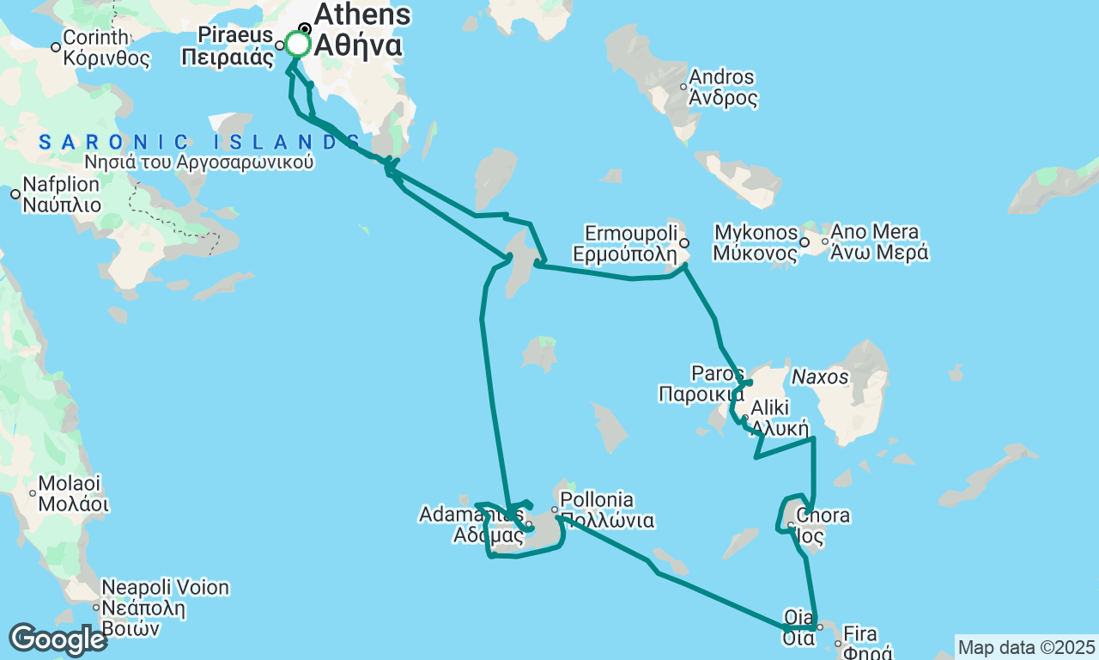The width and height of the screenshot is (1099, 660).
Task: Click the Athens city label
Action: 362,15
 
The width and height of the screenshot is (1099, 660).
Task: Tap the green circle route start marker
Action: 297,44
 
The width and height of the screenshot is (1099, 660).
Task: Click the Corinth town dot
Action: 56,46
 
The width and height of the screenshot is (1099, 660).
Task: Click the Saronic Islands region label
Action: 199,143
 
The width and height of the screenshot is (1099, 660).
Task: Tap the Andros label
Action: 723,77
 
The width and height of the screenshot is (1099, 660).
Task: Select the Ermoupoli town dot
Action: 684,243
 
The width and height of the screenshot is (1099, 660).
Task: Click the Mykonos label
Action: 756,232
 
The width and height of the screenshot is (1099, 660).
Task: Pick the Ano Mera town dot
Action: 825,241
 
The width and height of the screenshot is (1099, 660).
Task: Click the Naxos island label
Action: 819,377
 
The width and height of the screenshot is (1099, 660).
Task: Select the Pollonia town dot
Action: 555,510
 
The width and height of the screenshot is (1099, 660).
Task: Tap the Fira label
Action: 861,635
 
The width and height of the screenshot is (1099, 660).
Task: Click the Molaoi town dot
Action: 33,492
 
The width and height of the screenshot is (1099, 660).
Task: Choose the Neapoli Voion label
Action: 166,589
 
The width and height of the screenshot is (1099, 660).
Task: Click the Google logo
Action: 58,639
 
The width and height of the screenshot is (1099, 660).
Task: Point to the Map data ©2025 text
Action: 1026,647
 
